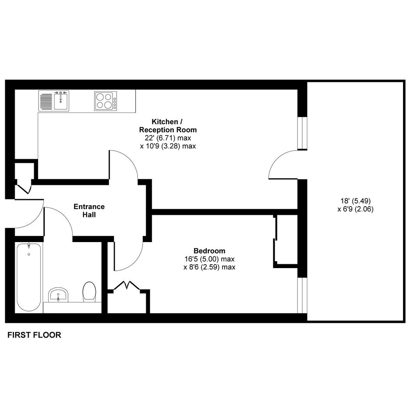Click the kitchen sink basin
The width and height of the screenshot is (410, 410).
tap(62, 102)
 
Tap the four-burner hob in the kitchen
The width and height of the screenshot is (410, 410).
tap(105, 101)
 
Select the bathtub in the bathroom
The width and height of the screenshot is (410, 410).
tap(29, 277)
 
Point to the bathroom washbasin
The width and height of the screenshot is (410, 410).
tap(58, 295)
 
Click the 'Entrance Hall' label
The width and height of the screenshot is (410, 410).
tap(89, 210)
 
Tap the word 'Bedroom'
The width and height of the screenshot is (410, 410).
tap(210, 251)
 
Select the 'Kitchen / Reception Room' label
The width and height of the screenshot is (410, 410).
tap(168, 125)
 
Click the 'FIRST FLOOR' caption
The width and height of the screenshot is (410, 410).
tap(34, 335)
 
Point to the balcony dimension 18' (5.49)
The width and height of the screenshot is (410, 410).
tap(356, 201)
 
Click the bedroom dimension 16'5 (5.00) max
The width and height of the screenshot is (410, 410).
tap(210, 259)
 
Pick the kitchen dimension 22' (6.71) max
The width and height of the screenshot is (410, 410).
tap(168, 138)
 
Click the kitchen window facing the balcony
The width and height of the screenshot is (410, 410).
tap(302, 133)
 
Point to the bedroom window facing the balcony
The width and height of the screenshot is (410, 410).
tap(302, 295)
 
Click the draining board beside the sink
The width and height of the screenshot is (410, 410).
tap(46, 102)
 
